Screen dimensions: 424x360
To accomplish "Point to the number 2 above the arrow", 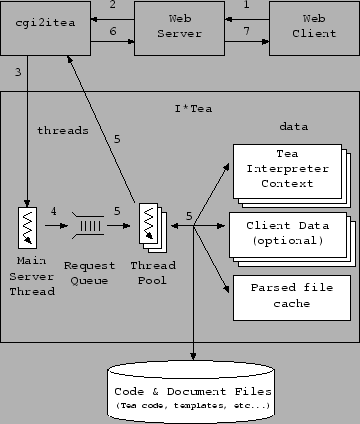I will coord(112,6).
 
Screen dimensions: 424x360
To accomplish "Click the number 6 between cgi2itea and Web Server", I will coord(112,33).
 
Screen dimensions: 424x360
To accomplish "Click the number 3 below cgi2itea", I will coord(17,72).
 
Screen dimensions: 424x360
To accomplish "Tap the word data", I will coord(293,128).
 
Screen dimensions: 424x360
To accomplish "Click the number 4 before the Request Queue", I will coord(54,210).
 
